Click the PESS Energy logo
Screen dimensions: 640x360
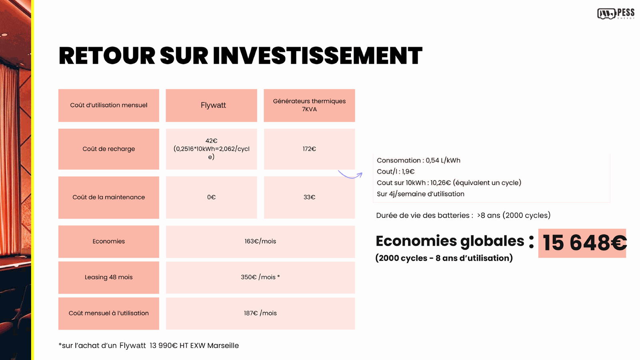616,14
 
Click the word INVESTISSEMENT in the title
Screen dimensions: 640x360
318,56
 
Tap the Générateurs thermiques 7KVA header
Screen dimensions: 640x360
309,105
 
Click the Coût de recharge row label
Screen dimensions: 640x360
108,149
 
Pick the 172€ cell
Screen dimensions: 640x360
309,149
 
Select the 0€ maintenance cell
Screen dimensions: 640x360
211,197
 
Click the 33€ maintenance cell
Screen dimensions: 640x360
309,197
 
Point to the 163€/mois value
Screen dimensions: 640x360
260,241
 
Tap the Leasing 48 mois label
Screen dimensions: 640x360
108,277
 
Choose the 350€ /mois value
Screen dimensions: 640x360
260,277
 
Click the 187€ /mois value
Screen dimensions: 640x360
260,313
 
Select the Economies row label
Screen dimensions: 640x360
108,241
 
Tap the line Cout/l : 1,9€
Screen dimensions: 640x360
396,172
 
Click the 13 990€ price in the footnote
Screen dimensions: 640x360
164,346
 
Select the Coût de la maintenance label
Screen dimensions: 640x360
108,197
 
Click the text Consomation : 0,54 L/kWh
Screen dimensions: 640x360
418,160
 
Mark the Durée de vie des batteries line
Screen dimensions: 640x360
463,215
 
